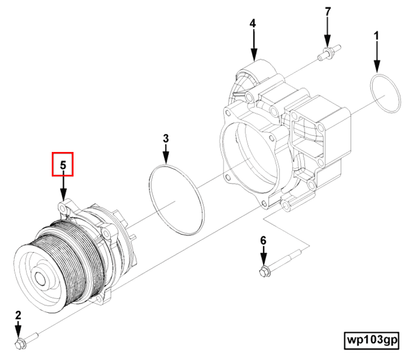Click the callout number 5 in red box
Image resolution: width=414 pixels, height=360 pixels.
[63, 164]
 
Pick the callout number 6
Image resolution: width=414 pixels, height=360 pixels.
[263, 240]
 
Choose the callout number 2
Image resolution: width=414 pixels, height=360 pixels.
[17, 315]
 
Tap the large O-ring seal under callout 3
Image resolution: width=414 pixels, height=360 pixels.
[177, 200]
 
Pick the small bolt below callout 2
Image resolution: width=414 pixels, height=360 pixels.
[25, 341]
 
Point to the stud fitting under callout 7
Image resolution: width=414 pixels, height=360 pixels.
[327, 53]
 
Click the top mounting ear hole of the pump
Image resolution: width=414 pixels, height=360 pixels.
[65, 209]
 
